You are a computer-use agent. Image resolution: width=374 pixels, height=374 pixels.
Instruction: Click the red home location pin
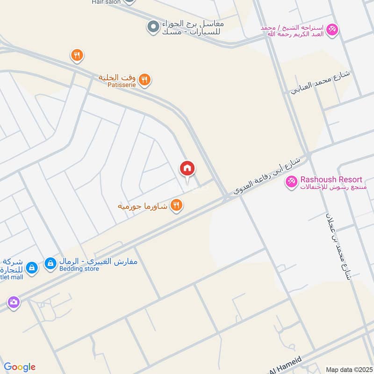[x=187, y=169]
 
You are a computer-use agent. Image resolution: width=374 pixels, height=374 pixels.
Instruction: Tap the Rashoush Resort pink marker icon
[x=292, y=180]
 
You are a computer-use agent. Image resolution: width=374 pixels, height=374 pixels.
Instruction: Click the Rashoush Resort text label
[x=331, y=180]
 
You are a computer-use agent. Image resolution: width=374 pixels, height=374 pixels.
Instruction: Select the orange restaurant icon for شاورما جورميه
[x=176, y=205]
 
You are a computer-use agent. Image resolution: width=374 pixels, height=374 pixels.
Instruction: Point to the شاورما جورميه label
[x=143, y=205]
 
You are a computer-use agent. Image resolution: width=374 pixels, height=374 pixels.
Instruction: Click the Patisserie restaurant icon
[x=144, y=80]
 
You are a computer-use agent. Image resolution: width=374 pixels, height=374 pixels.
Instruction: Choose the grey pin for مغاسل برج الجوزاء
[x=152, y=27]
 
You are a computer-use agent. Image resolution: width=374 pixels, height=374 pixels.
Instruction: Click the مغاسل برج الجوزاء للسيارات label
[x=193, y=27]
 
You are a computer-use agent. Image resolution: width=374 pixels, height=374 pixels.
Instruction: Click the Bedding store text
[x=77, y=269]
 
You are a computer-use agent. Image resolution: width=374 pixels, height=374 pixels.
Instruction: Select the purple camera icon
[x=13, y=302]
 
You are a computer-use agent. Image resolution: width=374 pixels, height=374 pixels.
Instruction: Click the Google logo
[x=20, y=367]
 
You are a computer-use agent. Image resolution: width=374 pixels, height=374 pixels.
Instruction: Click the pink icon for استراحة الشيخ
[x=332, y=29]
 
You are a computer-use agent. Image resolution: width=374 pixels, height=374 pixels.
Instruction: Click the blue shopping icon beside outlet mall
[x=31, y=267]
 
